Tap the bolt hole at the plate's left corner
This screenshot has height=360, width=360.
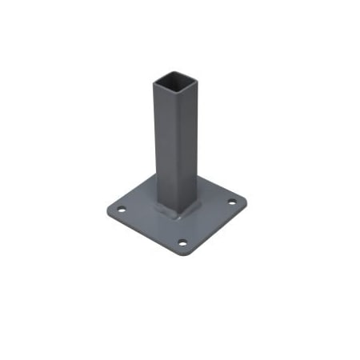coord(122,210)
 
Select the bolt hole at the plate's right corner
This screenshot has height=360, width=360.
coord(233,202)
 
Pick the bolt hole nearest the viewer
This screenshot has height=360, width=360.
coord(182,242)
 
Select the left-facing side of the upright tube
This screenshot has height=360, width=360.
coord(164,144)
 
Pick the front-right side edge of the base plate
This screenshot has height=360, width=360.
coord(218,228)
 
